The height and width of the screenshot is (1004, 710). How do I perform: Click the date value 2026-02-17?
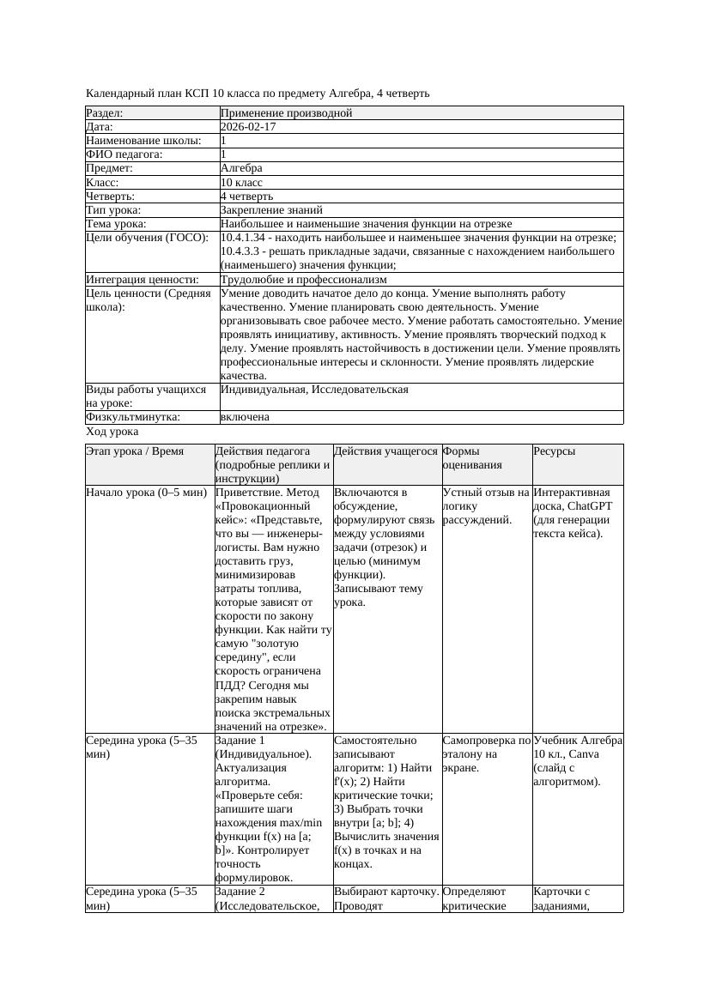coord(248,126)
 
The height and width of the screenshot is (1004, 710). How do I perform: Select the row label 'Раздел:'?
coord(105,112)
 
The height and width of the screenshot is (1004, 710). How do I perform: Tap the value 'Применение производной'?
coord(286,112)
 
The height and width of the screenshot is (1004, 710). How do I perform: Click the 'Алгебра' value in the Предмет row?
coord(241,168)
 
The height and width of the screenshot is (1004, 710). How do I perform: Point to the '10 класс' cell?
coord(241,182)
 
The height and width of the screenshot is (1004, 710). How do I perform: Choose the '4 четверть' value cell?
coord(246,196)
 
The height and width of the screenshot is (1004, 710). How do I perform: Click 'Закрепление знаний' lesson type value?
coord(271,209)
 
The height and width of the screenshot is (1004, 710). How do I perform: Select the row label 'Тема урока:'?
coord(117,224)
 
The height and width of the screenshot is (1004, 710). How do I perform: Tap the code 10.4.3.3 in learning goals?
coord(245,251)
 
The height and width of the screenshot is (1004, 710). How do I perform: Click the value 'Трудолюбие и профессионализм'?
coord(303,279)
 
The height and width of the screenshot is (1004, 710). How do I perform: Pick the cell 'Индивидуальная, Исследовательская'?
coord(314,390)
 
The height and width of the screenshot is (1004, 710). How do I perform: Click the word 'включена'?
coord(245,417)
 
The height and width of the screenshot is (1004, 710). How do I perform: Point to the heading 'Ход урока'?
coord(112,432)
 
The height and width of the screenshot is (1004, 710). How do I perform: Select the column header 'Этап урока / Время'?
coord(135,451)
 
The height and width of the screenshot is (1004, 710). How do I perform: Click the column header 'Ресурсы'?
coord(554,451)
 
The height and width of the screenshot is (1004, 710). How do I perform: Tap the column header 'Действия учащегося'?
coord(385,451)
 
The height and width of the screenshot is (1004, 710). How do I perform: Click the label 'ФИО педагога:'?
coord(124,154)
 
